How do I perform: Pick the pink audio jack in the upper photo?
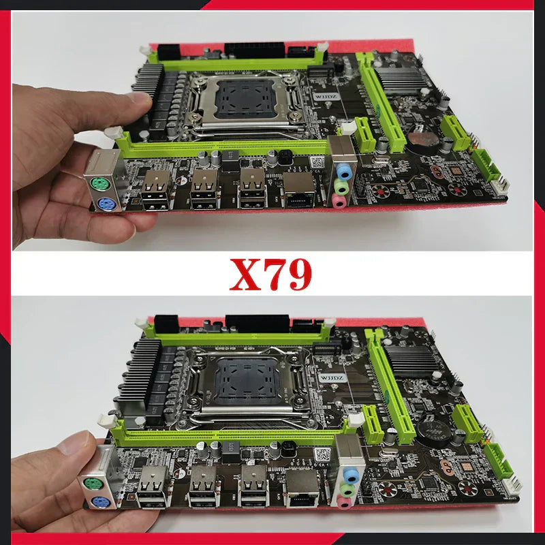(x=339, y=198)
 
